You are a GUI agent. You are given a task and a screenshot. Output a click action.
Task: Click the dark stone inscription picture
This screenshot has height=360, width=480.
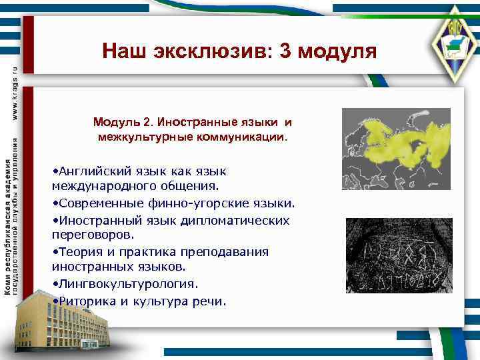[399, 257]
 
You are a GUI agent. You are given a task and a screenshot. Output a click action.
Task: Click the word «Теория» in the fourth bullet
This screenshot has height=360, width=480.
[78, 251]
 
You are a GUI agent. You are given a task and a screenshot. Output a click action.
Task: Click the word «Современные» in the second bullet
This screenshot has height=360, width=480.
[97, 203]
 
